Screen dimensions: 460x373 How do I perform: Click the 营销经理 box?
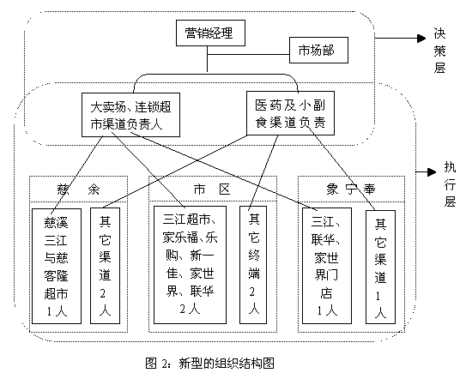point(210,33)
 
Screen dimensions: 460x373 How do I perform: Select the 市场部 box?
point(318,50)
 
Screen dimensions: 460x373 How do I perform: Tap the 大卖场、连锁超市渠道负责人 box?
point(130,115)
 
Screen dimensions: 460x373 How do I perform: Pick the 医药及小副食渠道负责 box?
point(290,113)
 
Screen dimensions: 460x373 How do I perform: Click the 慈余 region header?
point(78,190)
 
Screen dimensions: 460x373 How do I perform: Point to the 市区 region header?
point(212,190)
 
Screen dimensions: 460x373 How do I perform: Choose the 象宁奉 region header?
point(351,190)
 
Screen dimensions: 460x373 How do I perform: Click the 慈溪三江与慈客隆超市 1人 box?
point(57,266)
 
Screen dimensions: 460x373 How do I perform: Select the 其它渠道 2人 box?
point(105,266)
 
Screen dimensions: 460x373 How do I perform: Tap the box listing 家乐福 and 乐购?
point(190,265)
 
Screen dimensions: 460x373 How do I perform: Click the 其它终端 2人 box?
point(253,265)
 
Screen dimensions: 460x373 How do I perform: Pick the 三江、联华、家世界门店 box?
point(327,266)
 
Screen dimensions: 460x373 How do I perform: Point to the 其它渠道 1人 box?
point(380,267)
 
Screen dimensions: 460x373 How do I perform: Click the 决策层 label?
point(439,51)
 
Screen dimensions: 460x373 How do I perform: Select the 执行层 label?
point(450,184)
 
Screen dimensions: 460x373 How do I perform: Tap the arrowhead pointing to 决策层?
point(421,38)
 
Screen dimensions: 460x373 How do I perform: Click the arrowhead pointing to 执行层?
point(432,172)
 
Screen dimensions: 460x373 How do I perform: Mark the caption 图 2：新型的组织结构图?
point(209,364)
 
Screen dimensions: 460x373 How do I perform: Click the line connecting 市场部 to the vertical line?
point(248,55)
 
